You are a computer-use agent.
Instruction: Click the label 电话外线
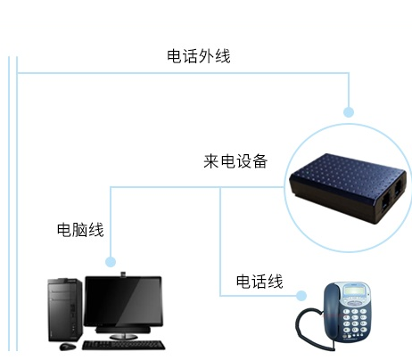click(199, 56)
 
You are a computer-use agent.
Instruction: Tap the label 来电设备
click(235, 161)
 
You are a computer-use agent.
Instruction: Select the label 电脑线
click(80, 230)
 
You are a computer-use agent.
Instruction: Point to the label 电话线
click(260, 282)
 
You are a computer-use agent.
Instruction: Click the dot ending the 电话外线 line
click(349, 112)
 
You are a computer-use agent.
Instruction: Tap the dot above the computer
click(111, 262)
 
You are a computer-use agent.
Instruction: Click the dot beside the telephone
click(301, 296)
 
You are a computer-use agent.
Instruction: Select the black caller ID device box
click(348, 188)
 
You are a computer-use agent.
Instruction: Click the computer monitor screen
click(123, 301)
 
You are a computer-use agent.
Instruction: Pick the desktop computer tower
click(65, 309)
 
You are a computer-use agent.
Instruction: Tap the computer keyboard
click(124, 345)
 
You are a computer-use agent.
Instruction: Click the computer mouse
click(68, 347)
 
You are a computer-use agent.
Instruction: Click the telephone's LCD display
click(355, 291)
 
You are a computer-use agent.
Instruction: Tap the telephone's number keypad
click(355, 321)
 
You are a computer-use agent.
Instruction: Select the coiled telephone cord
click(312, 328)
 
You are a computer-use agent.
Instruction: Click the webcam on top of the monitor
click(123, 274)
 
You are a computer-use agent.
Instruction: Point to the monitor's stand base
click(123, 336)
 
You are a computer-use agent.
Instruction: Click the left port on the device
click(385, 203)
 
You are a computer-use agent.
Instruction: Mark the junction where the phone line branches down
click(220, 187)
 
